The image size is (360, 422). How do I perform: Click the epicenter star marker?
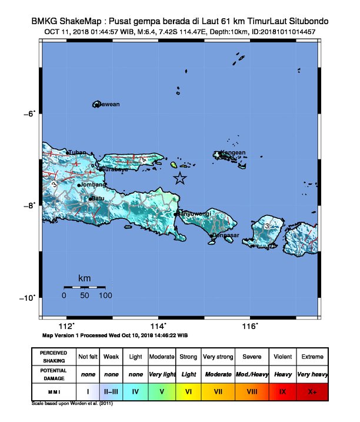(180, 178)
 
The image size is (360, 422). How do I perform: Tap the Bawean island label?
(108, 105)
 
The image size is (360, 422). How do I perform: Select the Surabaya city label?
(114, 170)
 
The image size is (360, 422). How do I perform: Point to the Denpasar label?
(226, 235)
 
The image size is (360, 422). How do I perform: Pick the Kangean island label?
(233, 153)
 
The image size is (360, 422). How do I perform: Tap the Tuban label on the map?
(78, 152)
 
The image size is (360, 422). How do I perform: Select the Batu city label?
(98, 198)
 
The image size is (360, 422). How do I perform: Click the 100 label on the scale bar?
(105, 295)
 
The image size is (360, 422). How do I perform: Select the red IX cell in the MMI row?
(284, 390)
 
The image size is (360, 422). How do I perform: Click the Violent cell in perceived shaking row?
(284, 357)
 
